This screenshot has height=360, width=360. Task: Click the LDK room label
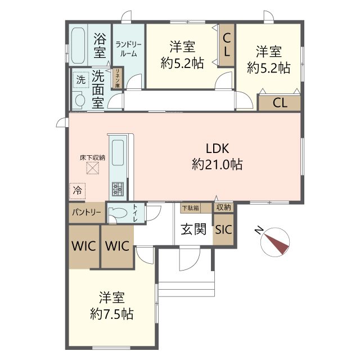(216, 149)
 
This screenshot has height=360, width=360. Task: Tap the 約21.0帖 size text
(217, 165)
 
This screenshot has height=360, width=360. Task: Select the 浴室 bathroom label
(100, 46)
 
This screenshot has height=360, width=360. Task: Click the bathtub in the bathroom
(78, 46)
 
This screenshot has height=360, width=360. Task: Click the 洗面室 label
(98, 88)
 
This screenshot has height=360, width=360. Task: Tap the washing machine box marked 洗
(80, 79)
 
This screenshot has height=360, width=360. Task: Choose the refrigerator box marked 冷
(77, 191)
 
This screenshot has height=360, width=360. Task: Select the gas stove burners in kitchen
(118, 188)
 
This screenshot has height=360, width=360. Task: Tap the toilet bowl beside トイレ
(118, 213)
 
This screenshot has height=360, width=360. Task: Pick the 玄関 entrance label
(193, 229)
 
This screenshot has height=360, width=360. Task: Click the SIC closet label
(223, 229)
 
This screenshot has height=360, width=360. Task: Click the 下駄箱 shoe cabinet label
(190, 208)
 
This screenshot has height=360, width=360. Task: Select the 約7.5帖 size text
(112, 314)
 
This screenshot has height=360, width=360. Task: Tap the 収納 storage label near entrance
(223, 208)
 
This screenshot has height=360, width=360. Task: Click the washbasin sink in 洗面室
(79, 101)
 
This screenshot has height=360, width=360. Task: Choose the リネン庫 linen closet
(118, 76)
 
